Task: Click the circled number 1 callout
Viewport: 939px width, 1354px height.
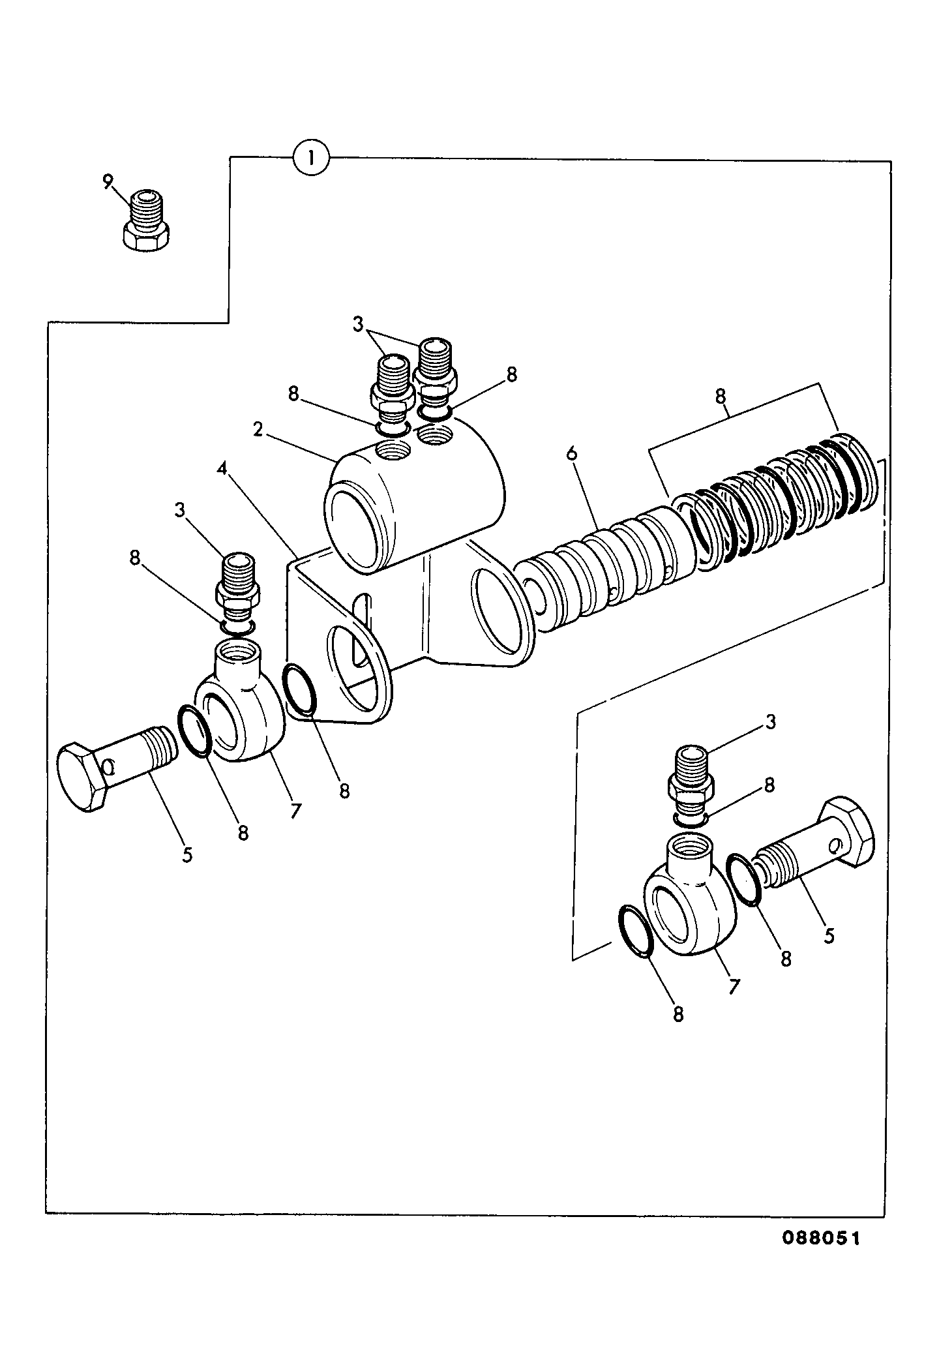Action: point(312,158)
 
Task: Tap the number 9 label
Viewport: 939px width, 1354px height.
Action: point(108,182)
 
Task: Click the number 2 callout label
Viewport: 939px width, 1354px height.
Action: point(259,430)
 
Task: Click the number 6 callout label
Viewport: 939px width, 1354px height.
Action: point(572,453)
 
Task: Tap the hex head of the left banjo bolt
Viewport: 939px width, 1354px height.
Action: point(82,776)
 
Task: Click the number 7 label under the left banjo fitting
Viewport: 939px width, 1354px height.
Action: point(295,811)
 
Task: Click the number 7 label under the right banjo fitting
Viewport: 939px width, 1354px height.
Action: point(734,987)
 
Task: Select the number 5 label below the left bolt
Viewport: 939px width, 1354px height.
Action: point(188,854)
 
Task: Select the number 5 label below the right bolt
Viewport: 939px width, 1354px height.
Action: point(829,936)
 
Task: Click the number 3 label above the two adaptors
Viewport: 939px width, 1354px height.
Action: point(357,324)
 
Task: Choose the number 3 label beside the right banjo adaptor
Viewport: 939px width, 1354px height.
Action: point(771,722)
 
